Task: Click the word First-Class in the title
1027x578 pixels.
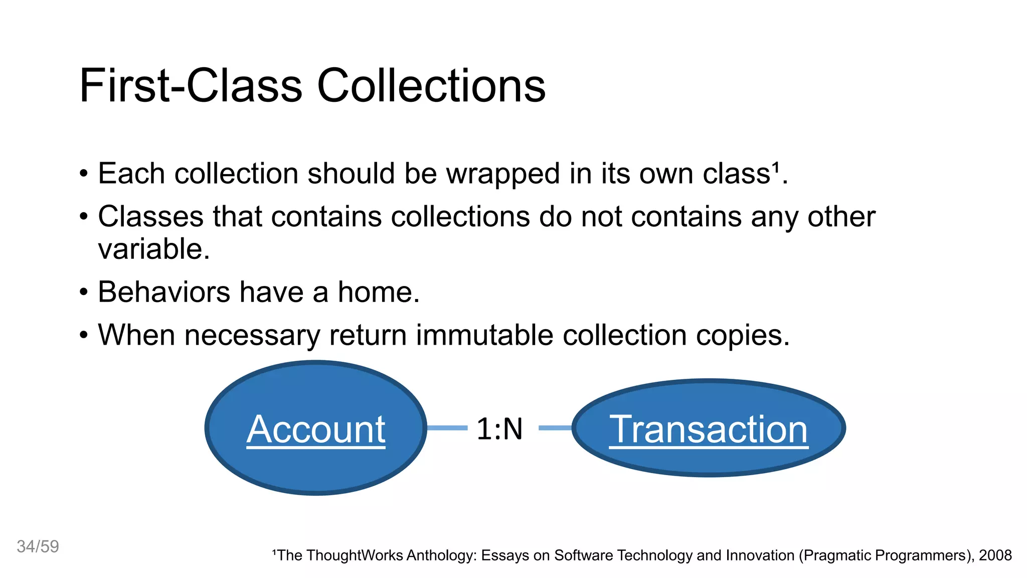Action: (x=191, y=86)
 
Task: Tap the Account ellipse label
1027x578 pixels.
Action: (x=316, y=429)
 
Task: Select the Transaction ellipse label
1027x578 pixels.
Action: (x=709, y=429)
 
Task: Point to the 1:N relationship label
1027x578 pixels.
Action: (x=499, y=429)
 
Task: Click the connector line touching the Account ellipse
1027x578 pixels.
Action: (x=447, y=428)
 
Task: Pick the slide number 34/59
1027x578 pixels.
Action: (x=38, y=546)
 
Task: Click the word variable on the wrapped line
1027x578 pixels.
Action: (x=153, y=249)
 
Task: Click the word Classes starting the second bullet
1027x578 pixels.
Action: (x=150, y=217)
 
